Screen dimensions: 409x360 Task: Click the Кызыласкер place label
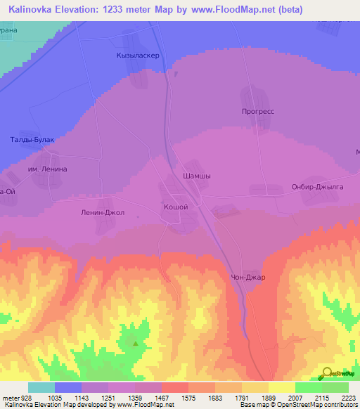139,56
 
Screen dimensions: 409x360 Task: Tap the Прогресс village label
257,111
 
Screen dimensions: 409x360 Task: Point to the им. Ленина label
47,169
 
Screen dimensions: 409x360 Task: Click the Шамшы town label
197,176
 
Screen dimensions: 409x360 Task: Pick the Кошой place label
176,207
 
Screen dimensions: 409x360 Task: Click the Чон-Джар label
253,277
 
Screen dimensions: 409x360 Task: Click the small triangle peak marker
136,344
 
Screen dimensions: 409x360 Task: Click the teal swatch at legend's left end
41,387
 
